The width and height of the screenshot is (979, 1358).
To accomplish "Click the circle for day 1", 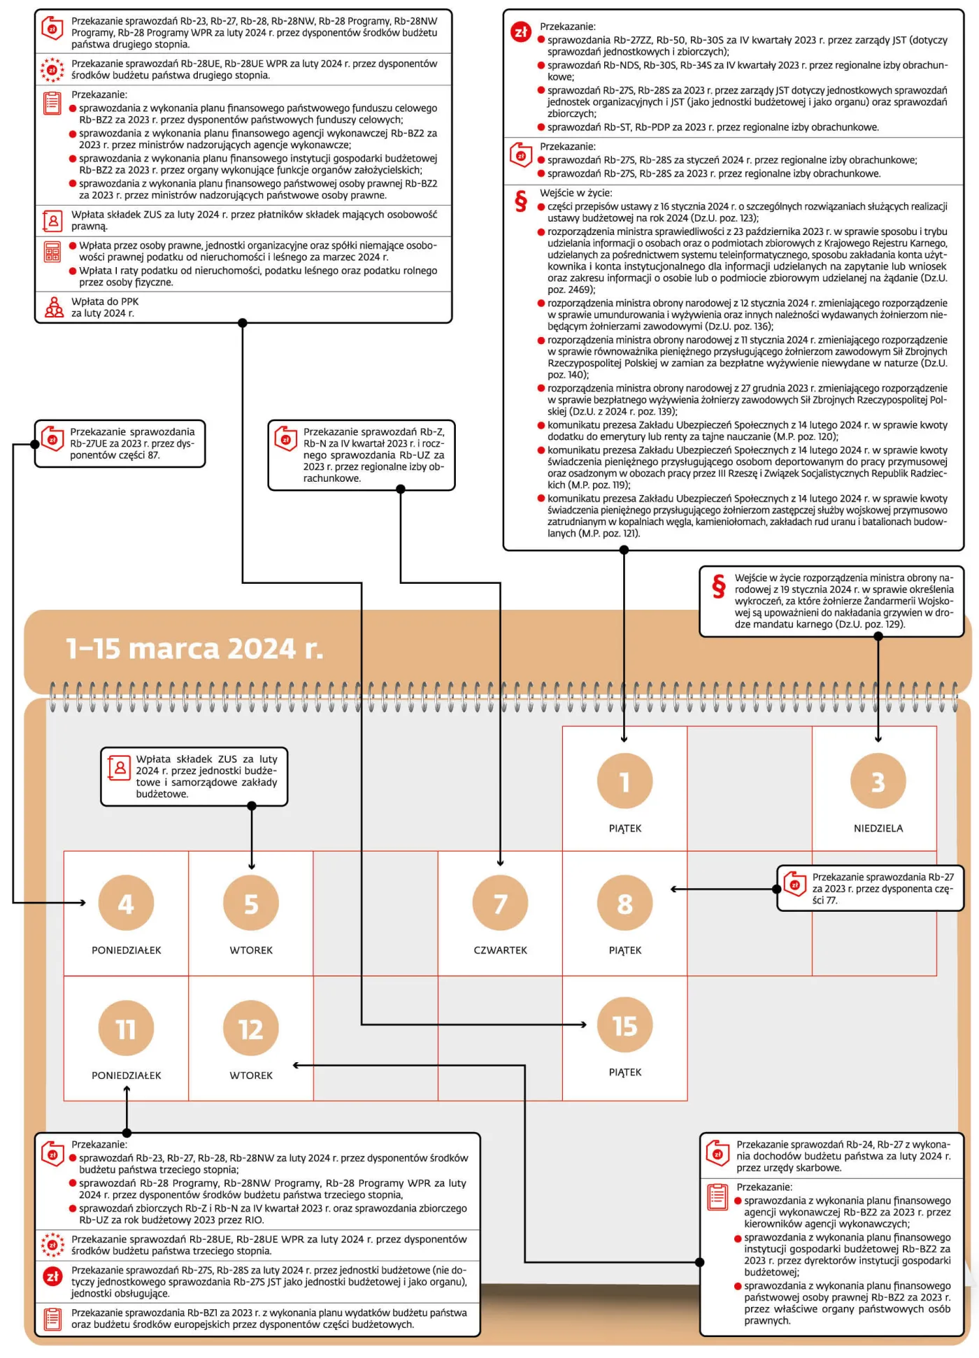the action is [624, 781].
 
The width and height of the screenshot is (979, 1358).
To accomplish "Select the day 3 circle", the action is [878, 781].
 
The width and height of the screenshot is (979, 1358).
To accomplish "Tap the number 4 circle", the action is [126, 903].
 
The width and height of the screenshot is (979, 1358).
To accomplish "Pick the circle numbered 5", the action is [251, 903].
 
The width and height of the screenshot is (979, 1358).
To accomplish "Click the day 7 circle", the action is [500, 903].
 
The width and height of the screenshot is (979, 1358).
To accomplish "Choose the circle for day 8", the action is [624, 903].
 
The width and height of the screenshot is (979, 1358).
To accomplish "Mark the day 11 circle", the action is [126, 1029].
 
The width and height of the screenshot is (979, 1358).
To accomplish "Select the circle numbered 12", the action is [251, 1029].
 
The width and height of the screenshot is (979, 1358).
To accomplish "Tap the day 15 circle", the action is [624, 1025].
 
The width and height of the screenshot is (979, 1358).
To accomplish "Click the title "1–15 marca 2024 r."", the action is [195, 649].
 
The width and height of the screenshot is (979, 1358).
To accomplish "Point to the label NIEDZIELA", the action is [878, 829].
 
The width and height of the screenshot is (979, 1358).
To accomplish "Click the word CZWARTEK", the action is [501, 950].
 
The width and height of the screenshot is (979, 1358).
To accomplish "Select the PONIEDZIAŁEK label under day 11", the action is [127, 1075].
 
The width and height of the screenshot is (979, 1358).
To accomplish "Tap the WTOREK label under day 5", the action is [251, 950].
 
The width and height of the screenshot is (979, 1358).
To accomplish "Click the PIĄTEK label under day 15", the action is [625, 1072].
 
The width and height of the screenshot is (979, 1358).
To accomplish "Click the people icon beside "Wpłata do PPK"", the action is [54, 307].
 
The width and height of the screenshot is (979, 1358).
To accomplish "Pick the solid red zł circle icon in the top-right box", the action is [521, 32].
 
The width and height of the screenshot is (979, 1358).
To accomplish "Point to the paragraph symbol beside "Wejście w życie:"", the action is [520, 201].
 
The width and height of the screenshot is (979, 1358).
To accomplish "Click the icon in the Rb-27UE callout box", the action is [52, 438].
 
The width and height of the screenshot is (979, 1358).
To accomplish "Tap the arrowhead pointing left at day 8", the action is [673, 889].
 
